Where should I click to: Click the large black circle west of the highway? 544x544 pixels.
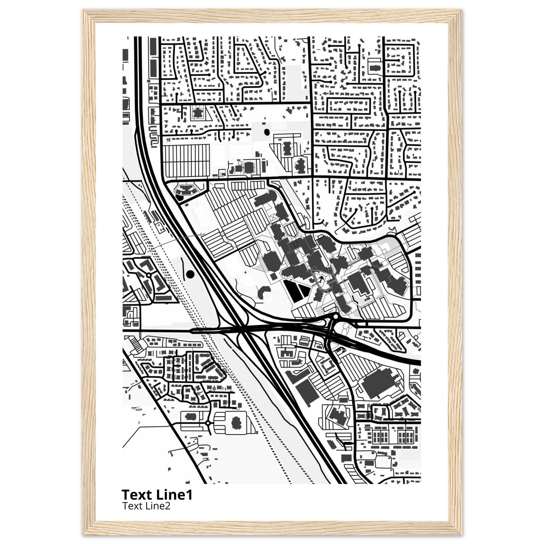coord(190,274)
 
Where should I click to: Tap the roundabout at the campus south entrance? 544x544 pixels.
coord(335,316)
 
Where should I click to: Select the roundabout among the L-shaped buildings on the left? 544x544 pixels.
coord(148,275)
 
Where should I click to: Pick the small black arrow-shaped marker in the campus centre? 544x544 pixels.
coord(320,279)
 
